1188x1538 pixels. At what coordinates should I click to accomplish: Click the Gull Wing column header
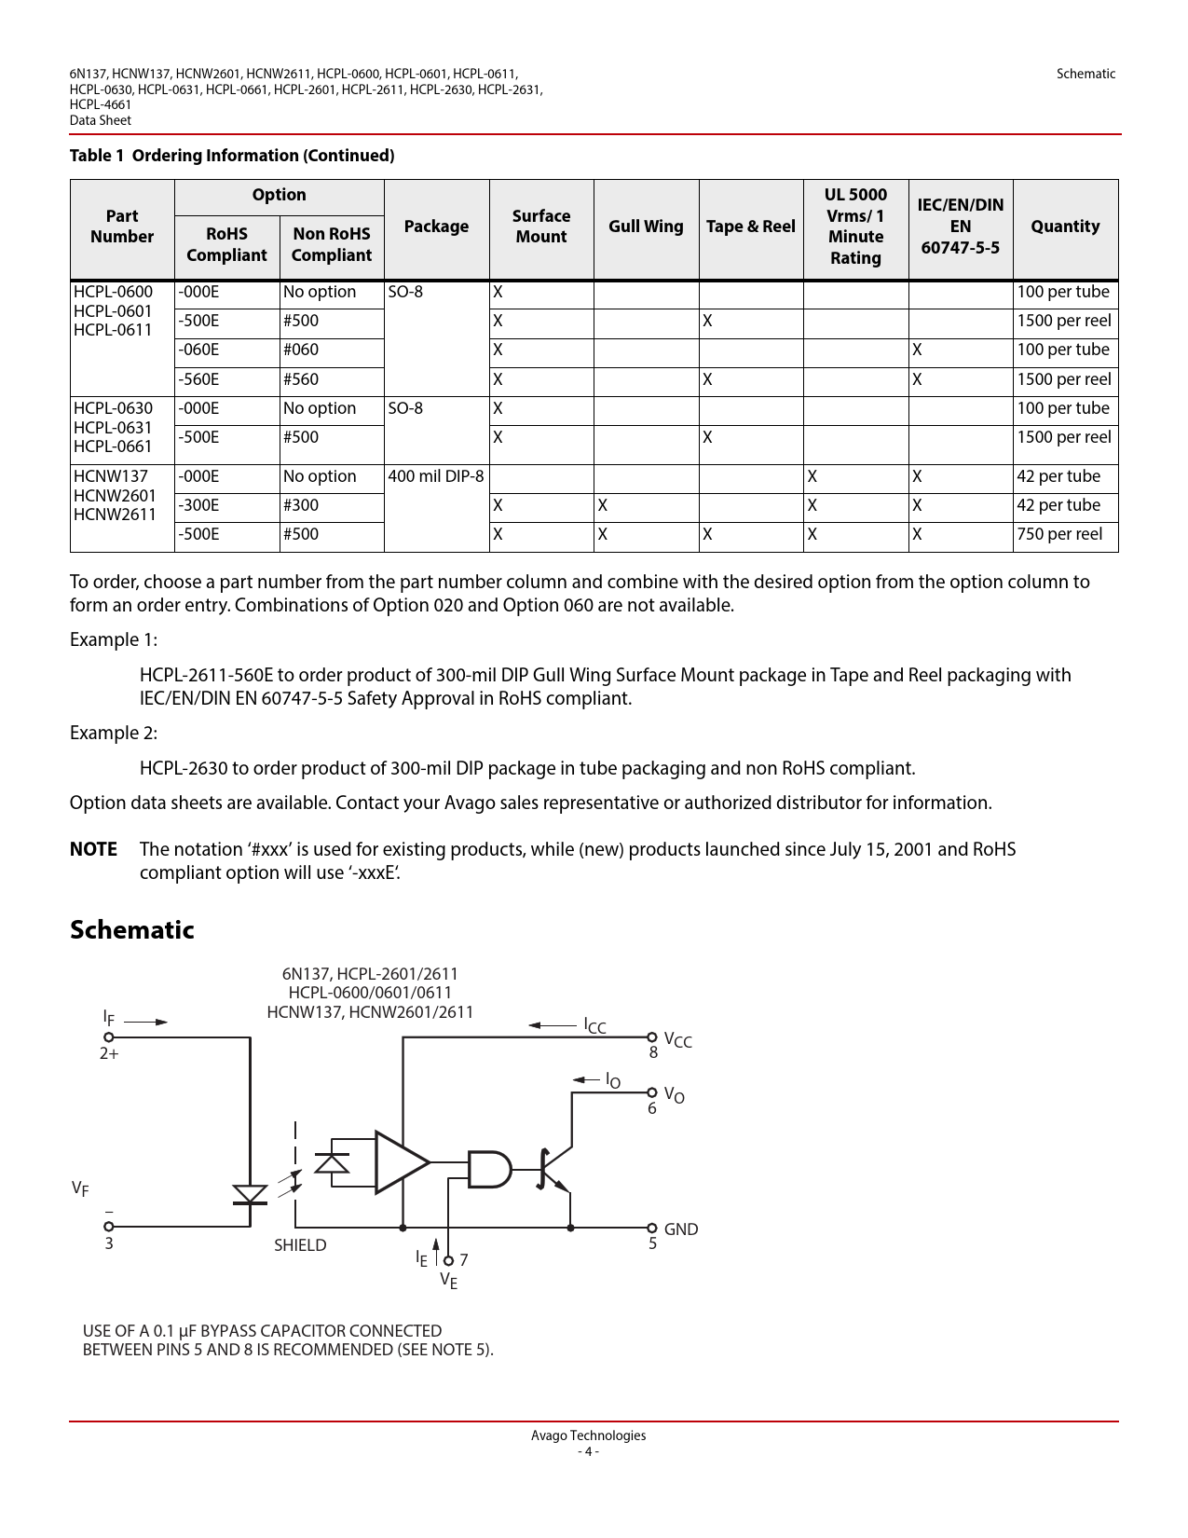click(x=646, y=227)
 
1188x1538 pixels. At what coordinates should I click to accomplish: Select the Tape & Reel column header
click(x=750, y=227)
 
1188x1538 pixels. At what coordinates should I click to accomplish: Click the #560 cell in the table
click(x=301, y=379)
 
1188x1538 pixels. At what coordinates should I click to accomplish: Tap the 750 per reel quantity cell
click(x=1059, y=534)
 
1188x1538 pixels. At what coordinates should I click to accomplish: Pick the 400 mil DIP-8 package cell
click(x=436, y=476)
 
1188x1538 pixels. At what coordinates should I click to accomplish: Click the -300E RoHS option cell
click(x=199, y=505)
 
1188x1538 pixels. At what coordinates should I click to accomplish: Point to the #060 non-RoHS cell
click(x=301, y=350)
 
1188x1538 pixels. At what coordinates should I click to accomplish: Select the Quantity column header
click(x=1065, y=227)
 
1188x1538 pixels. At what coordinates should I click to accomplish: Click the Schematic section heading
click(x=132, y=929)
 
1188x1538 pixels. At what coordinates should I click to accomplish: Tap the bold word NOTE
click(x=93, y=849)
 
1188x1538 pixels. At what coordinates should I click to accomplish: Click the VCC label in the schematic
click(x=677, y=1040)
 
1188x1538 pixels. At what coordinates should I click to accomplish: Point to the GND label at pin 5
click(x=680, y=1229)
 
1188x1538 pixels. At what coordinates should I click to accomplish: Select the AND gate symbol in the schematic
click(x=488, y=1169)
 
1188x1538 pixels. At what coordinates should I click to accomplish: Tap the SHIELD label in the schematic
click(x=300, y=1245)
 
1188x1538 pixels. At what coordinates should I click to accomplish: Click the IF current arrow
click(x=146, y=1022)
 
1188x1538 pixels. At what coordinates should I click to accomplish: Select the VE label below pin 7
click(x=449, y=1281)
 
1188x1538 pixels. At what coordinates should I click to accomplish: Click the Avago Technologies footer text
click(x=588, y=1435)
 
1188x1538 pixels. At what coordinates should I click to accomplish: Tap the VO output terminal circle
click(x=652, y=1092)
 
